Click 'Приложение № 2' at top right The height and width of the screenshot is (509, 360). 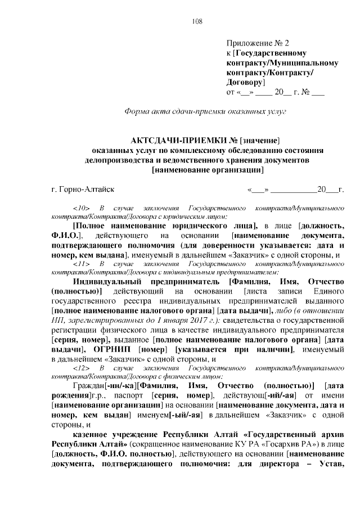pyautogui.click(x=257, y=43)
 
